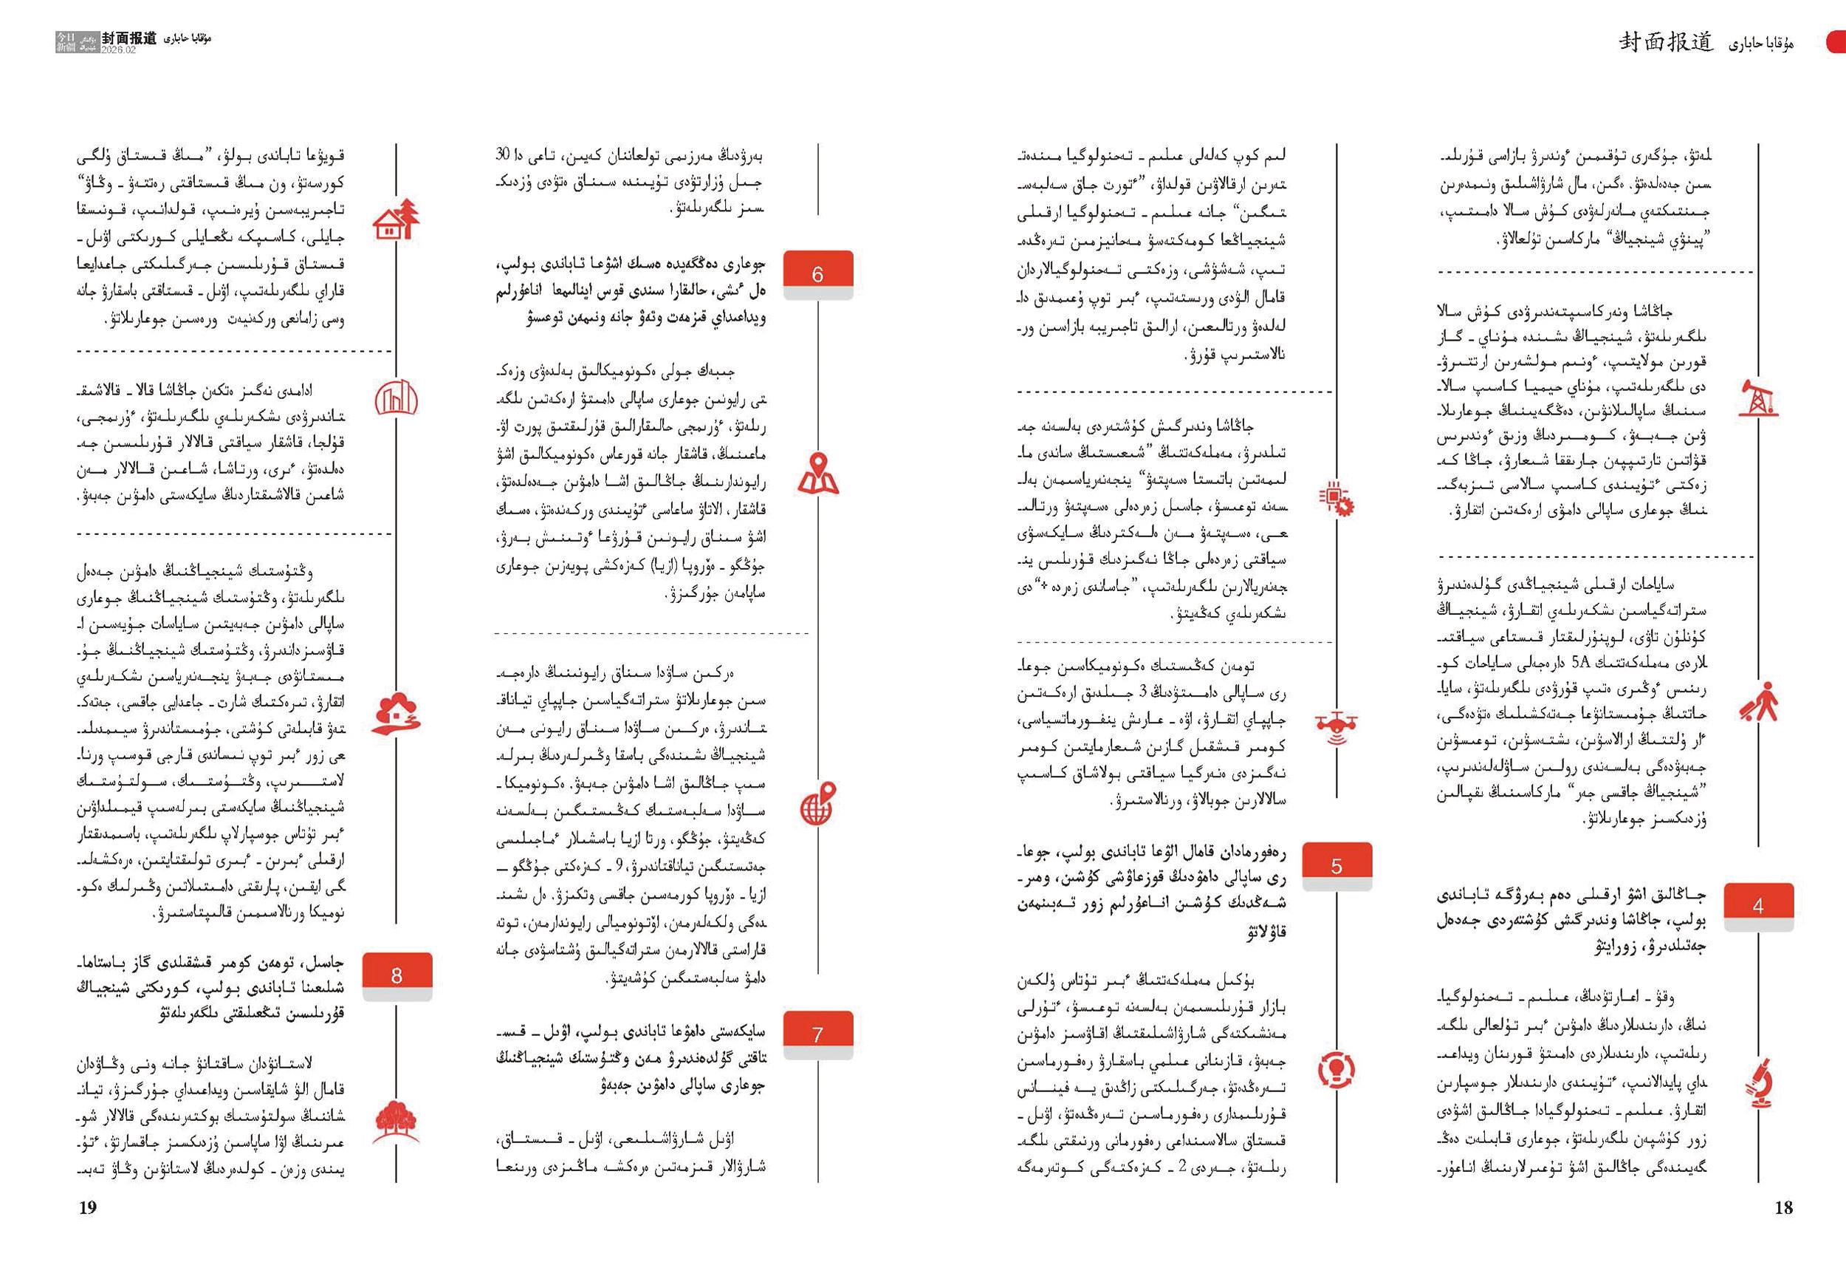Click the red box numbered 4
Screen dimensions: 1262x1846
pos(1758,904)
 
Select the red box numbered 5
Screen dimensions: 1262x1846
pos(1336,864)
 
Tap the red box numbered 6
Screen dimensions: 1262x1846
pos(817,273)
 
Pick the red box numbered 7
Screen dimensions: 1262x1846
pos(817,1033)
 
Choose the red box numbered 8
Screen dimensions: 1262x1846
pos(397,975)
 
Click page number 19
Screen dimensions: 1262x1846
pos(87,1207)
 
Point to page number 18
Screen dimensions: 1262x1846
pos(1783,1207)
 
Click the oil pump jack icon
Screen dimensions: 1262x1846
pos(1758,398)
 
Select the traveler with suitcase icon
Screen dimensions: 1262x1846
pos(1758,701)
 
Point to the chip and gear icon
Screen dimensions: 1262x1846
pos(1336,499)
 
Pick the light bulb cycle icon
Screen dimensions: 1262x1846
pos(1336,1068)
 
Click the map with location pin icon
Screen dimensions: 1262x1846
pos(817,474)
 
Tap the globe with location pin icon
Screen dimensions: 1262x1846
pos(817,804)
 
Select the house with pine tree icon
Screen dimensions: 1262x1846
pos(396,219)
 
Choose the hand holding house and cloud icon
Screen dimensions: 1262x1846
pos(396,714)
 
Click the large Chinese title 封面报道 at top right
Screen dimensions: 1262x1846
pos(1667,42)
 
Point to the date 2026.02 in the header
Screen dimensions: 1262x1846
pos(118,50)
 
